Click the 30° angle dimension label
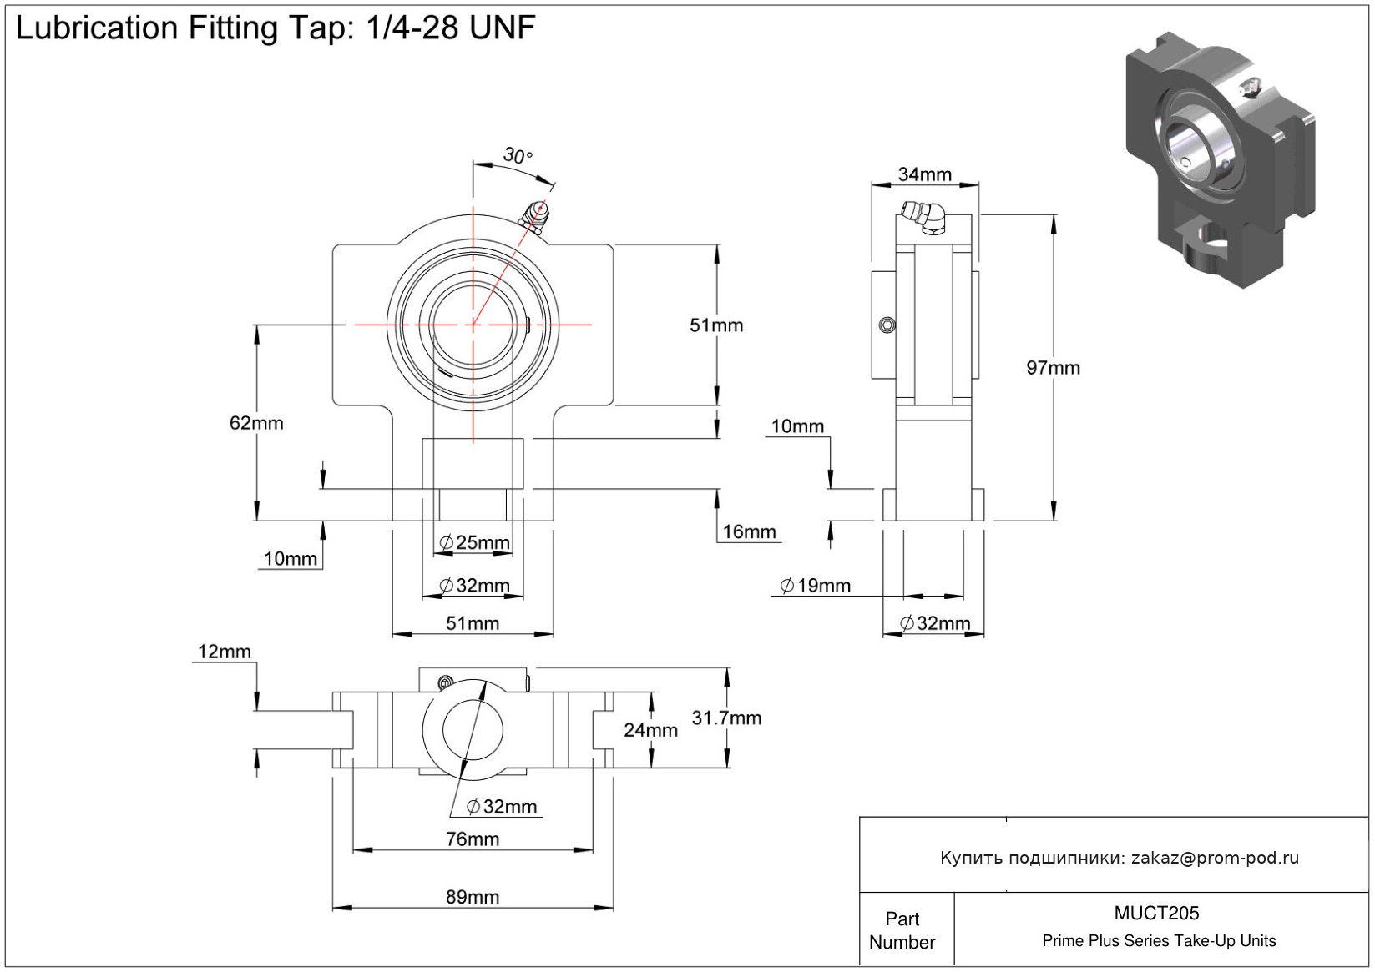click(517, 155)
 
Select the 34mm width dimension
click(924, 174)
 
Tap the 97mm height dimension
click(1053, 368)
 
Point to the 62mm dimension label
click(256, 423)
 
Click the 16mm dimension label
click(749, 532)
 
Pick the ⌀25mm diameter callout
click(474, 543)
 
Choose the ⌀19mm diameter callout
click(815, 586)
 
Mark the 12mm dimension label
click(224, 652)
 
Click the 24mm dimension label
click(650, 730)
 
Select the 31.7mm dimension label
click(726, 718)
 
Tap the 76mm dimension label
click(473, 839)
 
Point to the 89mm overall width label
click(473, 897)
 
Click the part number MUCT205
click(1156, 914)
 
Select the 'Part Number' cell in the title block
click(902, 930)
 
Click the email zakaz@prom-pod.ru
click(1215, 858)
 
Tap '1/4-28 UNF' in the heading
click(451, 28)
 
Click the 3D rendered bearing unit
click(1220, 159)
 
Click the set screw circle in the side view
click(888, 325)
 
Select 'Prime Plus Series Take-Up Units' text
click(1159, 941)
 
